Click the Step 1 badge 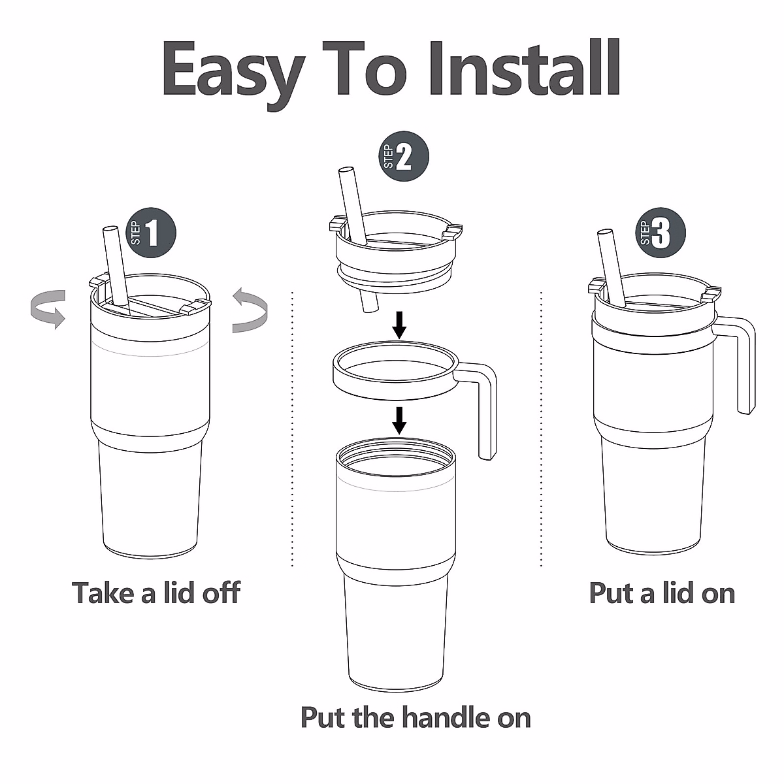coord(152,233)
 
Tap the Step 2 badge coord(404,156)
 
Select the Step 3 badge coord(661,233)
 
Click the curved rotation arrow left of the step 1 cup coord(48,308)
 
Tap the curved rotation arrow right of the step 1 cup coord(250,310)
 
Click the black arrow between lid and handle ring coord(399,325)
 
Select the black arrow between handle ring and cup coord(399,420)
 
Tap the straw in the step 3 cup coord(612,269)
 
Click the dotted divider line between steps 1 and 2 coord(292,429)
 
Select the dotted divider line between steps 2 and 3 coord(541,429)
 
